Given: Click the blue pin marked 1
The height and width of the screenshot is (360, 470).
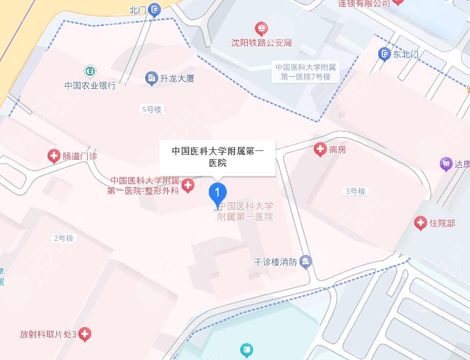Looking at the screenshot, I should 217,192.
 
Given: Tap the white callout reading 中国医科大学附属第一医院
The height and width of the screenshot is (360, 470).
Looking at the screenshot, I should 218,157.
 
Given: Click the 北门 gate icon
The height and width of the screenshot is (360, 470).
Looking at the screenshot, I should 154,9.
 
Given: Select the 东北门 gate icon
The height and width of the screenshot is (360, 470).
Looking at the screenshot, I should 384,55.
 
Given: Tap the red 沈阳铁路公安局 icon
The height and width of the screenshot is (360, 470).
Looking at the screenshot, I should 262,28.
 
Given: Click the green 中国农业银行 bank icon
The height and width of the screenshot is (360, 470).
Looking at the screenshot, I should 90,71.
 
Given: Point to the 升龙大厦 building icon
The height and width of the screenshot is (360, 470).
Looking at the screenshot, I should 151,77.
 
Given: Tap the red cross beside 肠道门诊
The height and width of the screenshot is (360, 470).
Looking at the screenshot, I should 53,156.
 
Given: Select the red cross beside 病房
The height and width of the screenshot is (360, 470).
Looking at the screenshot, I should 320,150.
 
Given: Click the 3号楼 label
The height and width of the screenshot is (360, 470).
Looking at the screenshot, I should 356,191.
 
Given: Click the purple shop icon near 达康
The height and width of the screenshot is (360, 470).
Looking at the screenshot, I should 446,164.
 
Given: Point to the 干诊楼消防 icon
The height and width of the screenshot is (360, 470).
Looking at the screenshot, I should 306,262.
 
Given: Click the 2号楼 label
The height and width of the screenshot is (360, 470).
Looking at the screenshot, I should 64,238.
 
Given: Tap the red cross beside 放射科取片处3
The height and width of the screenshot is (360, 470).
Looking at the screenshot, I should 85,334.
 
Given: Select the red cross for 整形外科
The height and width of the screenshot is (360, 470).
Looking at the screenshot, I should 187,186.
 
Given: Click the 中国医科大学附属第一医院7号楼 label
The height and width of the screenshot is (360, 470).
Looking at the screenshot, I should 305,72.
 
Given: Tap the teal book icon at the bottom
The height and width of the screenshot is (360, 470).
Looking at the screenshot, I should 247,350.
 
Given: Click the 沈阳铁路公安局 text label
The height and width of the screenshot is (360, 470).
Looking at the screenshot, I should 262,43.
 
